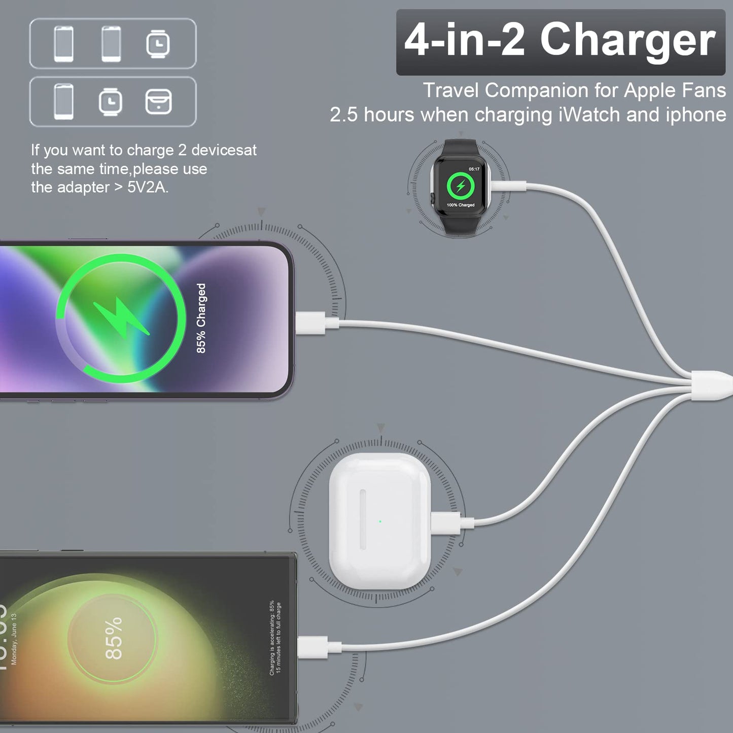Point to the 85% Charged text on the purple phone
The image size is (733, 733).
pyautogui.click(x=201, y=318)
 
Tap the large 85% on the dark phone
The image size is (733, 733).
pyautogui.click(x=114, y=638)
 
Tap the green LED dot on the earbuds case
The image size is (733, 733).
pyautogui.click(x=380, y=521)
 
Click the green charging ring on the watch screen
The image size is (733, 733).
pyautogui.click(x=461, y=186)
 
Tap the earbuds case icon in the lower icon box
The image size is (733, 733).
pyautogui.click(x=158, y=102)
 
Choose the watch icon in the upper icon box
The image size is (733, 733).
pyautogui.click(x=158, y=44)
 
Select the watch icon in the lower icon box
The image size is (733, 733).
pyautogui.click(x=111, y=102)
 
